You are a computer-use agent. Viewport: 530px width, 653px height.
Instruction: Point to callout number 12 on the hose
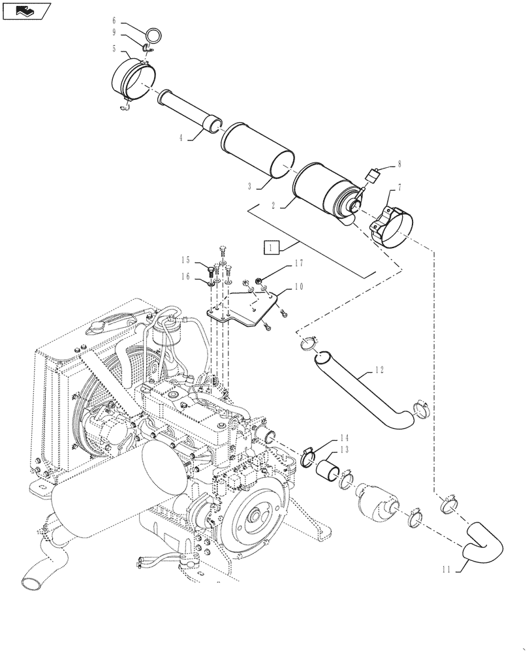tap(381, 370)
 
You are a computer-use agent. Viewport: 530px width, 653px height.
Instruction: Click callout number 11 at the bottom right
tap(446, 569)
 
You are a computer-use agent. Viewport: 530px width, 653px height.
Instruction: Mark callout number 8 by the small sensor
tap(399, 165)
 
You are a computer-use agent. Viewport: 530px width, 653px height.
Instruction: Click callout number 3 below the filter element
tap(249, 186)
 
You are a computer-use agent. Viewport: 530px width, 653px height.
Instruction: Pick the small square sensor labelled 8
tap(373, 175)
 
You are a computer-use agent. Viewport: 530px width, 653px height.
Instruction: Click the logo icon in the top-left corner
tap(27, 10)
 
